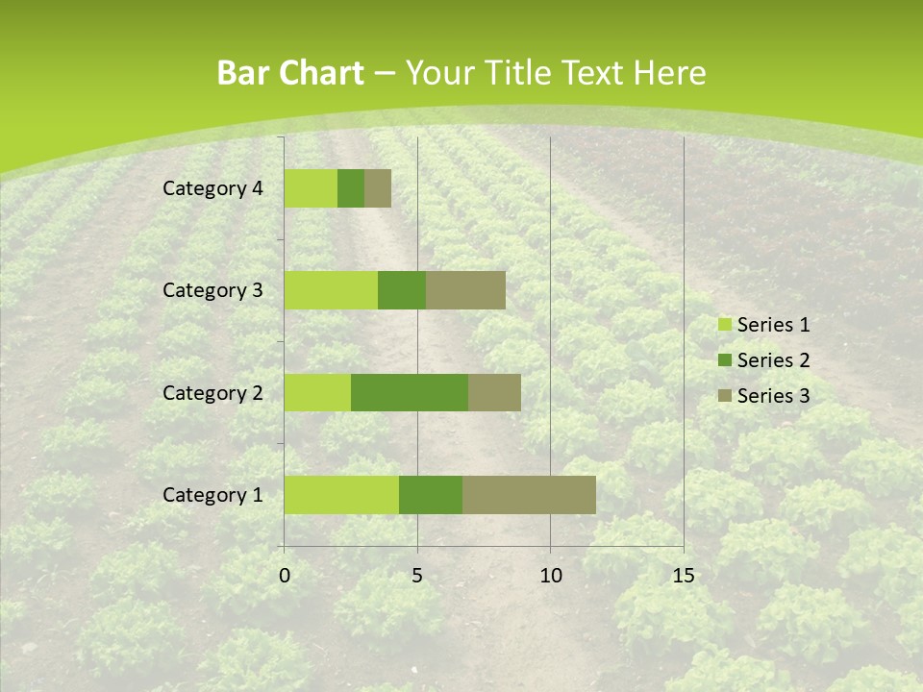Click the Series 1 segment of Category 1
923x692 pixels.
pyautogui.click(x=341, y=495)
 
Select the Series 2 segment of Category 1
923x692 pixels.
pyautogui.click(x=431, y=495)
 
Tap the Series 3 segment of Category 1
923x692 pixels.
pyautogui.click(x=529, y=495)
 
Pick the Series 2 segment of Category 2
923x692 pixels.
pyautogui.click(x=410, y=392)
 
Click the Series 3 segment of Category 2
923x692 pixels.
pyautogui.click(x=494, y=392)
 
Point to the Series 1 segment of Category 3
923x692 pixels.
pyautogui.click(x=331, y=290)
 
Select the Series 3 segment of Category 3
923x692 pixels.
pyautogui.click(x=465, y=290)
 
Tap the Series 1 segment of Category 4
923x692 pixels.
pyautogui.click(x=311, y=188)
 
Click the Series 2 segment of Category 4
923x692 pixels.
pyautogui.click(x=351, y=188)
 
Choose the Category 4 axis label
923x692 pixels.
pyautogui.click(x=212, y=188)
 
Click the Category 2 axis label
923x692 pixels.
pyautogui.click(x=212, y=392)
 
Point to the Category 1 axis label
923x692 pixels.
pyautogui.click(x=212, y=495)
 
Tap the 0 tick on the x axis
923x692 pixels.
pyautogui.click(x=285, y=576)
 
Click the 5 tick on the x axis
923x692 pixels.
pyautogui.click(x=417, y=576)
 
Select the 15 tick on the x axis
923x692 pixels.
pyautogui.click(x=683, y=576)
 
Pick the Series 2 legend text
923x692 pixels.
pyautogui.click(x=773, y=360)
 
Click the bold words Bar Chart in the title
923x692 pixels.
pyautogui.click(x=290, y=73)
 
